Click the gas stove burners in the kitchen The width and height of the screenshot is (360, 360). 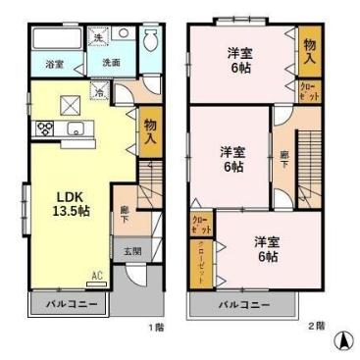click(45, 128)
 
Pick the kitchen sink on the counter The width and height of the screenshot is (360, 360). click(75, 129)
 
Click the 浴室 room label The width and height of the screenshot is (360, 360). click(55, 65)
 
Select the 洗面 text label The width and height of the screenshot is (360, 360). click(112, 63)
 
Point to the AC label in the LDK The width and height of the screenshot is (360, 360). click(97, 276)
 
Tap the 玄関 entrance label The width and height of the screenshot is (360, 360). click(131, 250)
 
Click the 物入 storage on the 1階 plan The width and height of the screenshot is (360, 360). click(149, 130)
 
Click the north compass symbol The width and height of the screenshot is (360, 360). click(342, 341)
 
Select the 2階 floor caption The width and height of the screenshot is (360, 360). click(315, 326)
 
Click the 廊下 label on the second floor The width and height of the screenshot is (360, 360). click(283, 159)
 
